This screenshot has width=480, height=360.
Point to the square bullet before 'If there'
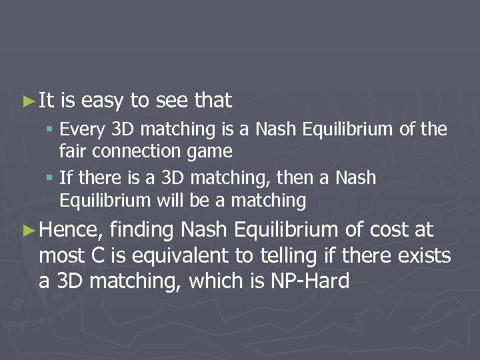[51, 179]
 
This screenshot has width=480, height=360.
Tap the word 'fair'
[71, 152]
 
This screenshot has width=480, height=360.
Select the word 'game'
[210, 152]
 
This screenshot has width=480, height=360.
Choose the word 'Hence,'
[71, 231]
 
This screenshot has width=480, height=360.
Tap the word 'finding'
[143, 231]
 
